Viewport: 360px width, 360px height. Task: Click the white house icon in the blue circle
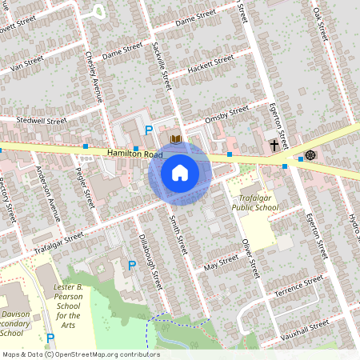click(180, 173)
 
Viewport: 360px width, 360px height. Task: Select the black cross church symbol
click(274, 145)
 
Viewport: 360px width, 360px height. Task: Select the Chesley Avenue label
click(94, 78)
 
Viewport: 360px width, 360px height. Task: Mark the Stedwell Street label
click(41, 121)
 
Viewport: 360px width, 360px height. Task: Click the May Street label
click(221, 261)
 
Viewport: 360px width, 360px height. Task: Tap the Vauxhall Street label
click(307, 326)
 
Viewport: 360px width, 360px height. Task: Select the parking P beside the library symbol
click(147, 130)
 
